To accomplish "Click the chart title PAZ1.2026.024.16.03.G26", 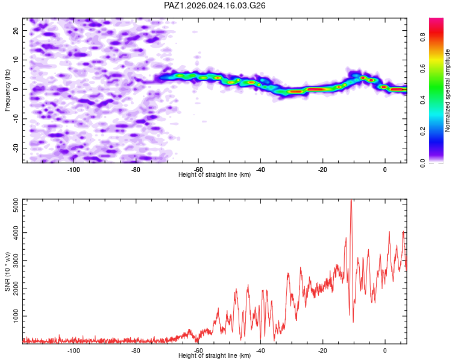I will pyautogui.click(x=215, y=5).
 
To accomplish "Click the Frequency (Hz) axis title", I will pyautogui.click(x=7, y=90).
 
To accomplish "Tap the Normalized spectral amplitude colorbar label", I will pyautogui.click(x=448, y=91).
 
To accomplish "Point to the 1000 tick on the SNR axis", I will pyautogui.click(x=13, y=316).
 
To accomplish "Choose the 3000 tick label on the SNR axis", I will pyautogui.click(x=13, y=261).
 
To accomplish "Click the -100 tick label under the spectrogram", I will pyautogui.click(x=74, y=170).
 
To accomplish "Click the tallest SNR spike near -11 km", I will pyautogui.click(x=351, y=202).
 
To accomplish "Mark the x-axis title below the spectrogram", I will pyautogui.click(x=215, y=175).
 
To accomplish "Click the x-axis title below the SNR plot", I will pyautogui.click(x=215, y=356).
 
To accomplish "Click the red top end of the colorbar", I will pyautogui.click(x=436, y=21).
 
